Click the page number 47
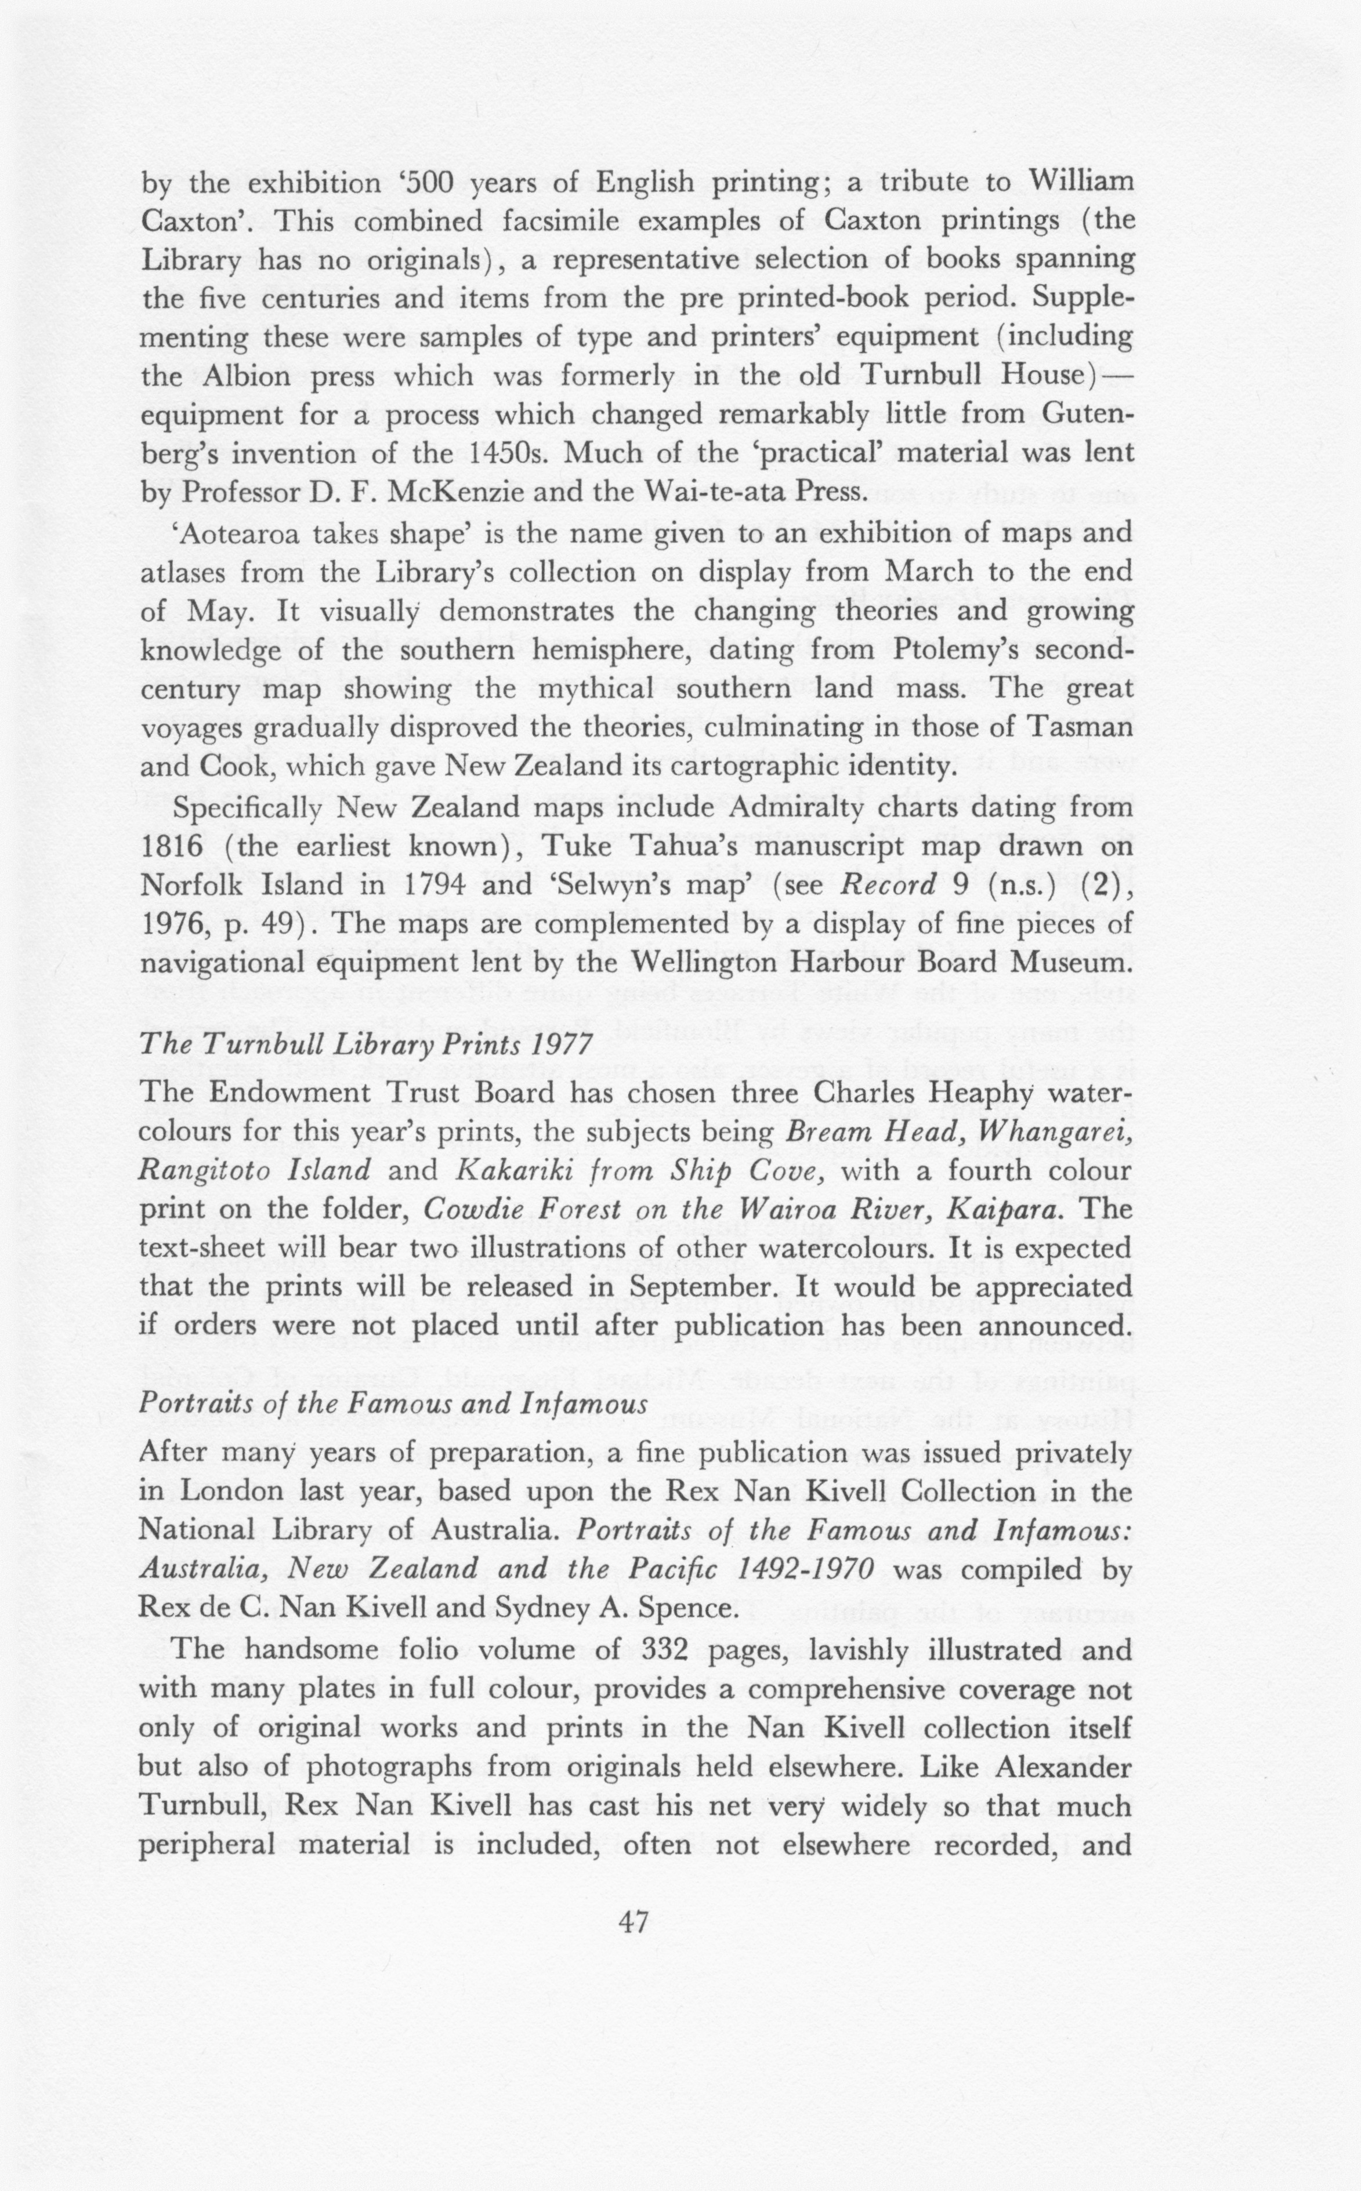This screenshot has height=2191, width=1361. (x=634, y=1923)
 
